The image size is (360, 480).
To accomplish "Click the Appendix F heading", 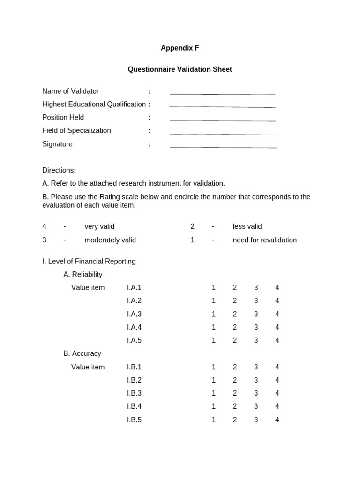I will coord(180,48).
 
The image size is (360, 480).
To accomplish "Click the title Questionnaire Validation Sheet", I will coord(180,69).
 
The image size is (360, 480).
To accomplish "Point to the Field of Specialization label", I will coord(76,130).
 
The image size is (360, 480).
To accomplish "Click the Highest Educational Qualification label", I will coord(94,104).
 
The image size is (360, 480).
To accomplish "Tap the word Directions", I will coord(59,170).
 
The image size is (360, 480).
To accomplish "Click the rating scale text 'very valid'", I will coord(99,226).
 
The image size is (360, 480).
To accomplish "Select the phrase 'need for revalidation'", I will coord(264,240).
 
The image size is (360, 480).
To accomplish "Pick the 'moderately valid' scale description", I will coord(110,240).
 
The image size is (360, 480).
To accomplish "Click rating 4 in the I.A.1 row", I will coord(277,287).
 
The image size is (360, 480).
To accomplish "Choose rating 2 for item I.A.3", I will coord(235,314).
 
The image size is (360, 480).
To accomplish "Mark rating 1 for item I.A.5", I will coord(214,340).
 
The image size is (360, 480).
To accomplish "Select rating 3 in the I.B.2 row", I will coord(256,380).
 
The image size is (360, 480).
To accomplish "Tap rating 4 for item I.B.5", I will coord(277,420).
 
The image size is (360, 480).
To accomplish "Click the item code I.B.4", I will coord(134,406).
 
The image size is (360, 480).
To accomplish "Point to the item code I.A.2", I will coord(134,300).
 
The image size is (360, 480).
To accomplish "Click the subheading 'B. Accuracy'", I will coord(82,353).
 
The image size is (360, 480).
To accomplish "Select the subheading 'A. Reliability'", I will coord(82,274).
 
